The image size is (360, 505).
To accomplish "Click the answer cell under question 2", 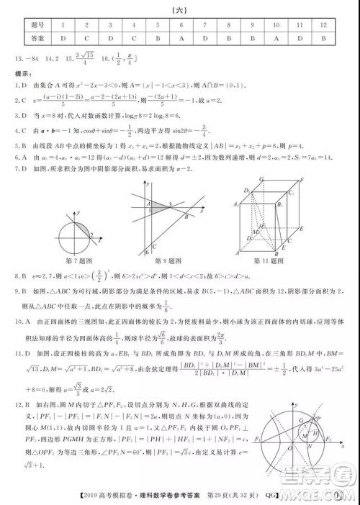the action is (x=86, y=38).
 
